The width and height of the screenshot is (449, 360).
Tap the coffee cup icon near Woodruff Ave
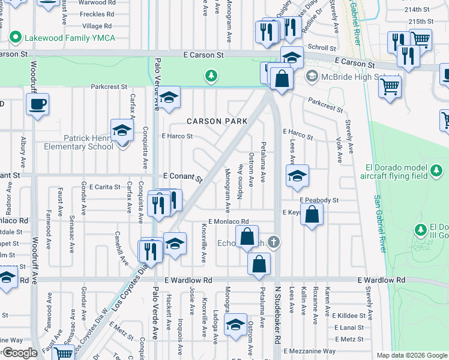click(x=37, y=104)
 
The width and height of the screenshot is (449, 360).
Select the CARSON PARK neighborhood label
click(x=217, y=121)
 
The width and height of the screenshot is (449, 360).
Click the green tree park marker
click(x=211, y=76)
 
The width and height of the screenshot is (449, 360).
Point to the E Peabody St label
click(x=319, y=200)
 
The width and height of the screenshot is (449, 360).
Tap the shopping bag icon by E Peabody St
click(x=312, y=214)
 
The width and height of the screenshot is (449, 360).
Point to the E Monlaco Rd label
click(x=228, y=221)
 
